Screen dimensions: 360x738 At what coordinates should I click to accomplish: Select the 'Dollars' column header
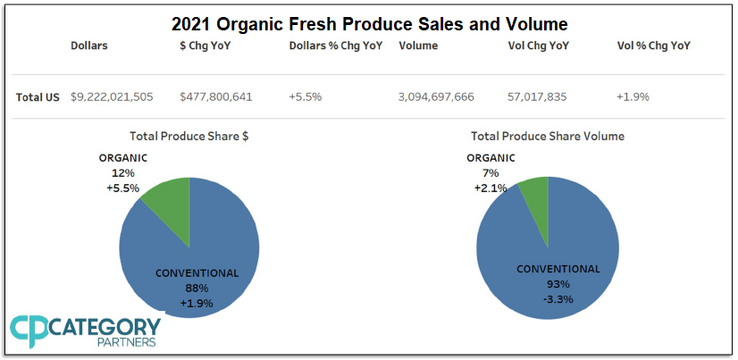[89, 46]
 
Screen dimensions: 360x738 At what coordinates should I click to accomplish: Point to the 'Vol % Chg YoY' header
[654, 46]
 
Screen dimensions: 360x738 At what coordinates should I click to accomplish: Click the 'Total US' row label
[38, 96]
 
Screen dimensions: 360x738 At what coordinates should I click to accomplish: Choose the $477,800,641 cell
[216, 96]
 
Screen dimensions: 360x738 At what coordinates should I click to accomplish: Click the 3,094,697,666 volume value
[436, 96]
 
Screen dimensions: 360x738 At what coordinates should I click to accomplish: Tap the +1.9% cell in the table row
[633, 96]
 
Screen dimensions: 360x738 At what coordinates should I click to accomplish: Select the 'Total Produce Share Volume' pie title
[548, 137]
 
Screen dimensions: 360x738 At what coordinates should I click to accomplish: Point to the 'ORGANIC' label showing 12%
[123, 158]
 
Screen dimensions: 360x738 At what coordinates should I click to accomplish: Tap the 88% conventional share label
[197, 288]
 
